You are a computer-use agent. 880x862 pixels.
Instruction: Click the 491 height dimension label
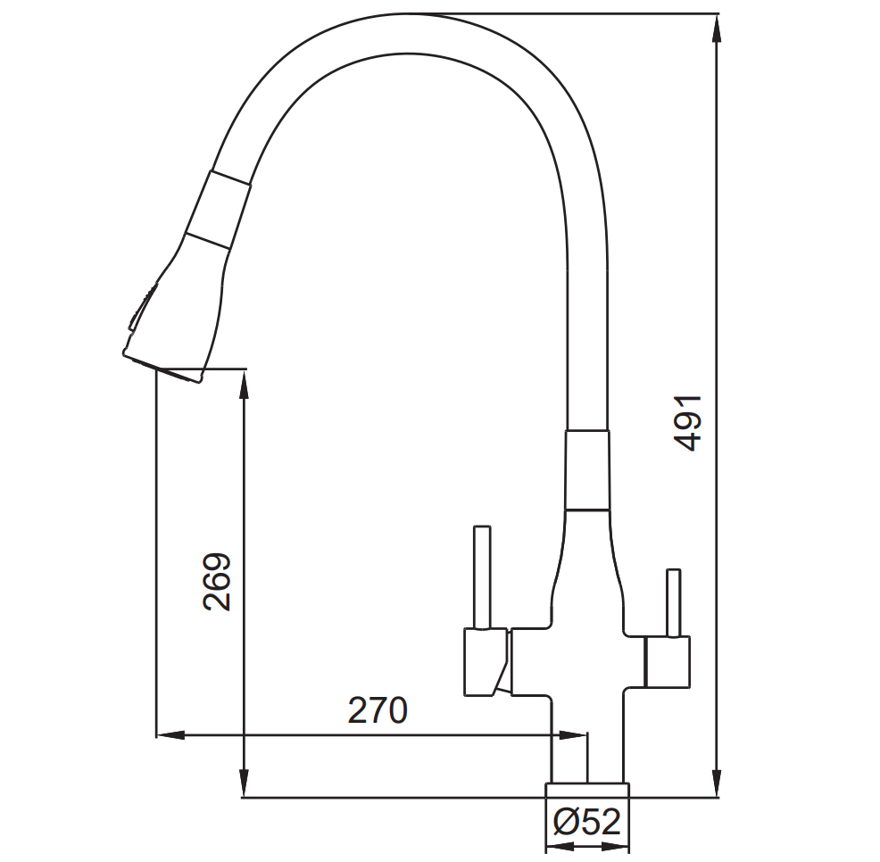[x=688, y=424]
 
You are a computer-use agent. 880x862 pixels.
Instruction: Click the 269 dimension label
[x=217, y=582]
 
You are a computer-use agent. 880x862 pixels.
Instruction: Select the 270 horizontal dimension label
[x=378, y=710]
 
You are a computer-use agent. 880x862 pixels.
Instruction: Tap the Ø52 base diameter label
[x=587, y=822]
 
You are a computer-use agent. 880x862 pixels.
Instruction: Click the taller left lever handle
[x=482, y=577]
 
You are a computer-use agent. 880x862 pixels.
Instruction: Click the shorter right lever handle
[x=674, y=603]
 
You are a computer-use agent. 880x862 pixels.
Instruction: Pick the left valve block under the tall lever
[x=486, y=662]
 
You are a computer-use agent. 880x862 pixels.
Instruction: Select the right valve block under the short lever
[x=668, y=662]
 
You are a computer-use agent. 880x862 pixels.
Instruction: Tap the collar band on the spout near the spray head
[x=219, y=209]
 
